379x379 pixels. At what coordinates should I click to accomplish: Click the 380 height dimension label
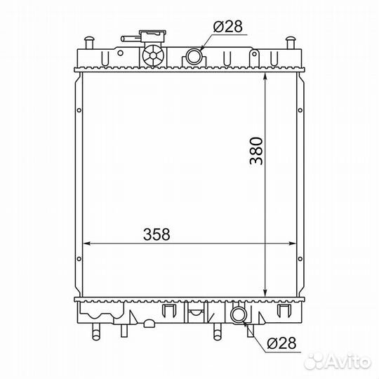point(256,151)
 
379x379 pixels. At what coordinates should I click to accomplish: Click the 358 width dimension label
point(157,234)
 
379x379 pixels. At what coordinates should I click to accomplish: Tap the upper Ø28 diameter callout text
point(227,27)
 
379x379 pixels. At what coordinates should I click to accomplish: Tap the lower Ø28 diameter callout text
point(281,343)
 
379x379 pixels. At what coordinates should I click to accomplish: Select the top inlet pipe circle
point(194,57)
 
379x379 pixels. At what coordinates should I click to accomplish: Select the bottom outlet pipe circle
point(239,314)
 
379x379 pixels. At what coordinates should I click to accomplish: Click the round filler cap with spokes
point(153,55)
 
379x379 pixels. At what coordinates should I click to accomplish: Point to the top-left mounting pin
point(89,43)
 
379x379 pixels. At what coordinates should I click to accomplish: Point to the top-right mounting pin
point(291,43)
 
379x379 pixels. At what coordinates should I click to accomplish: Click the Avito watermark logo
point(337,361)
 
